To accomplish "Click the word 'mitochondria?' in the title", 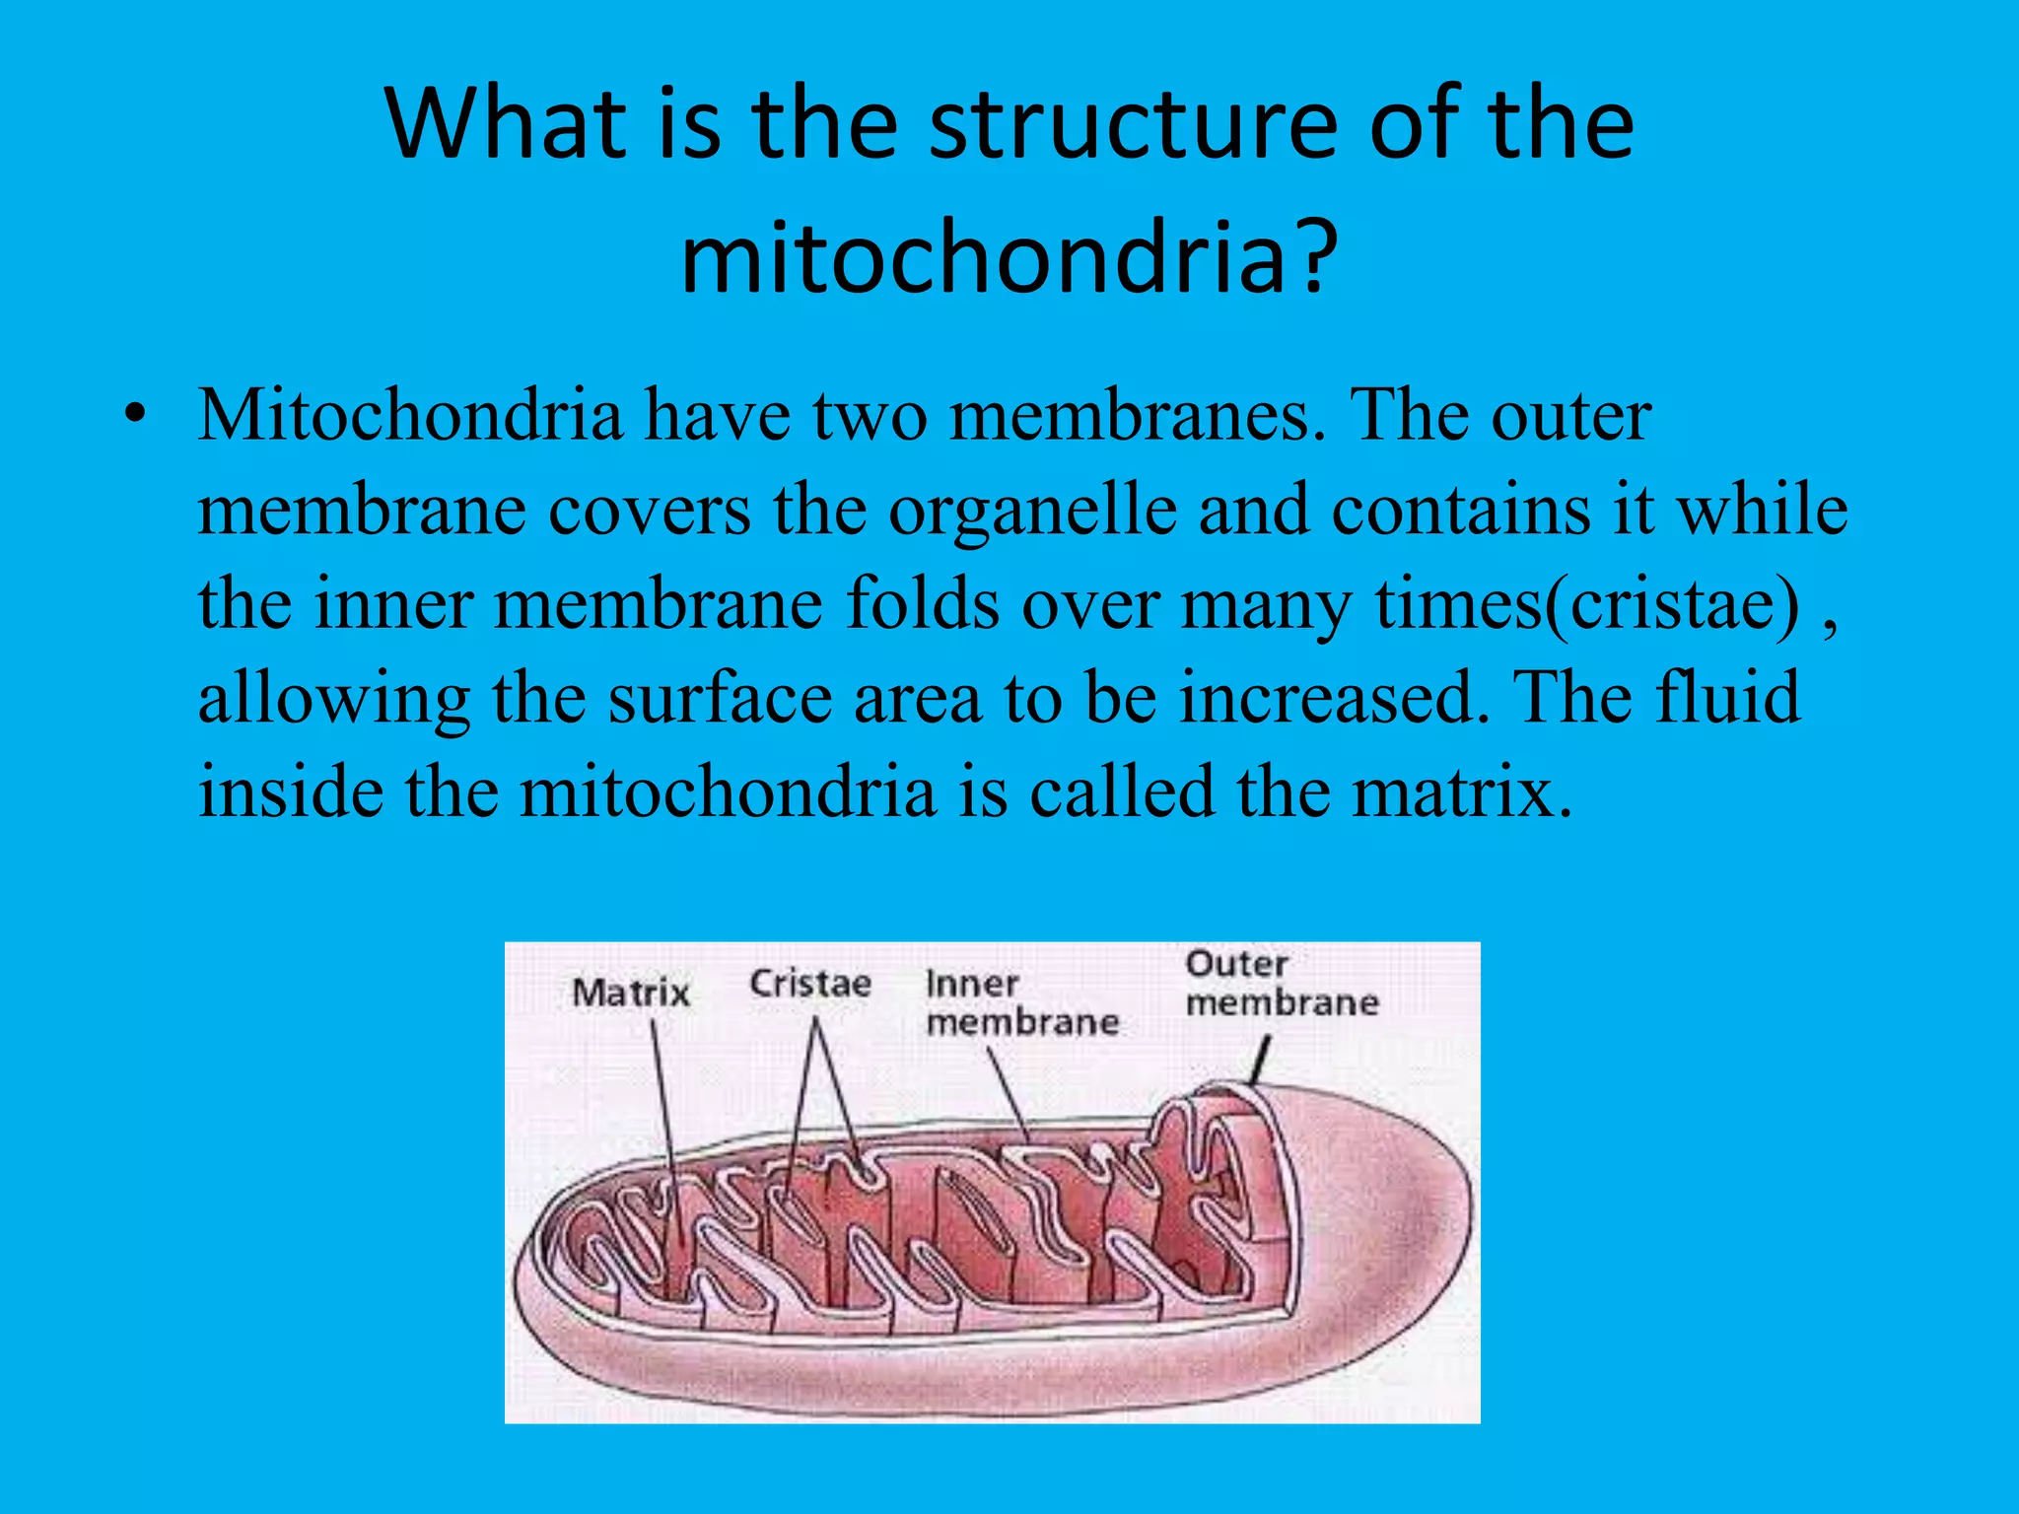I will [x=1009, y=258].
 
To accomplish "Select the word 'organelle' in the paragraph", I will [x=1032, y=511].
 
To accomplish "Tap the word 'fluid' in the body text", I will [x=1727, y=698].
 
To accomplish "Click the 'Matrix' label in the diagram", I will [x=631, y=993].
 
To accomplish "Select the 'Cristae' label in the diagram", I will [x=810, y=984].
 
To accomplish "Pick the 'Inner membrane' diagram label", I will [x=1021, y=1003].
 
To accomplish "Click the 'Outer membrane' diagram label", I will [x=1281, y=984].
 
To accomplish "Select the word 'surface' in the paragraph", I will [x=720, y=698].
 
